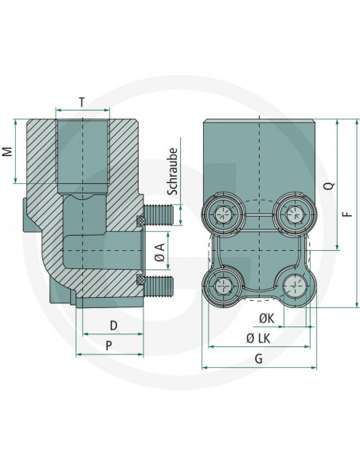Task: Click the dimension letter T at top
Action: (83, 101)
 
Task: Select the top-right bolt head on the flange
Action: (292, 214)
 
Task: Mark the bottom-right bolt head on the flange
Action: (292, 284)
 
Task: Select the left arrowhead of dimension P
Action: (76, 354)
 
